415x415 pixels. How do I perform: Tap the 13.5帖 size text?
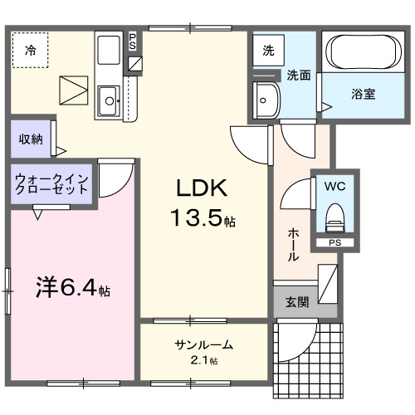pyautogui.click(x=203, y=219)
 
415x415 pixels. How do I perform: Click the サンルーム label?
pyautogui.click(x=203, y=345)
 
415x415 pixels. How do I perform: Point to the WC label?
pyautogui.click(x=335, y=185)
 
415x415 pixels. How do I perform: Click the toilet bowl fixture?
pyautogui.click(x=334, y=218)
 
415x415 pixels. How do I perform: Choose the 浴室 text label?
pyautogui.click(x=363, y=94)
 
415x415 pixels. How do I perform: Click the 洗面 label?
pyautogui.click(x=299, y=76)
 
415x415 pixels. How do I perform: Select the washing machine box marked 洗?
pyautogui.click(x=268, y=51)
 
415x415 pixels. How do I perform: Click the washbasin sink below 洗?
pyautogui.click(x=268, y=100)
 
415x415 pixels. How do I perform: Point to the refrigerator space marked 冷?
pyautogui.click(x=30, y=50)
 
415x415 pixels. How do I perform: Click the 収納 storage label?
pyautogui.click(x=31, y=139)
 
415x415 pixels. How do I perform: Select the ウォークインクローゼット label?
pyautogui.click(x=51, y=183)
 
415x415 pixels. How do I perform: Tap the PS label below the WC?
pyautogui.click(x=334, y=243)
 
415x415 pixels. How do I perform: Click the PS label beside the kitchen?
pyautogui.click(x=134, y=41)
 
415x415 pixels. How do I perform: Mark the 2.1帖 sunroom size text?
pyautogui.click(x=203, y=361)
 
